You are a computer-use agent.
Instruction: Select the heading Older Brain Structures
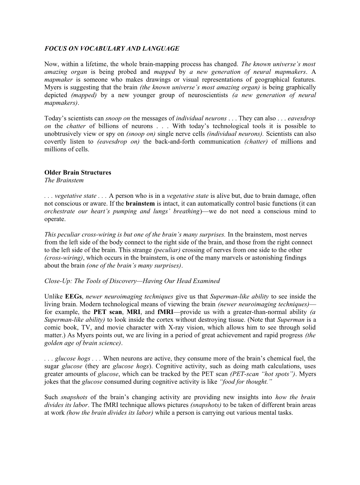[x=78, y=172]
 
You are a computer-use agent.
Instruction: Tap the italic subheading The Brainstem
[x=64, y=180]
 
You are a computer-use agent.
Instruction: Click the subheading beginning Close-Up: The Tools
[x=132, y=281]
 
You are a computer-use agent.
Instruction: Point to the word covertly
[x=55, y=142]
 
